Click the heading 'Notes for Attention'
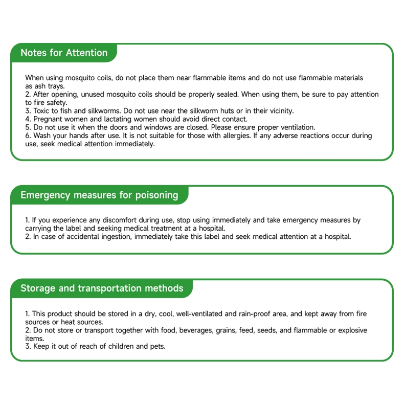coord(64,53)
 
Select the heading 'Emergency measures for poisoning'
coord(99,195)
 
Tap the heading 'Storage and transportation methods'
coord(102,288)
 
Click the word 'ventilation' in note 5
coord(297,127)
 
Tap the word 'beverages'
coord(194,330)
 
